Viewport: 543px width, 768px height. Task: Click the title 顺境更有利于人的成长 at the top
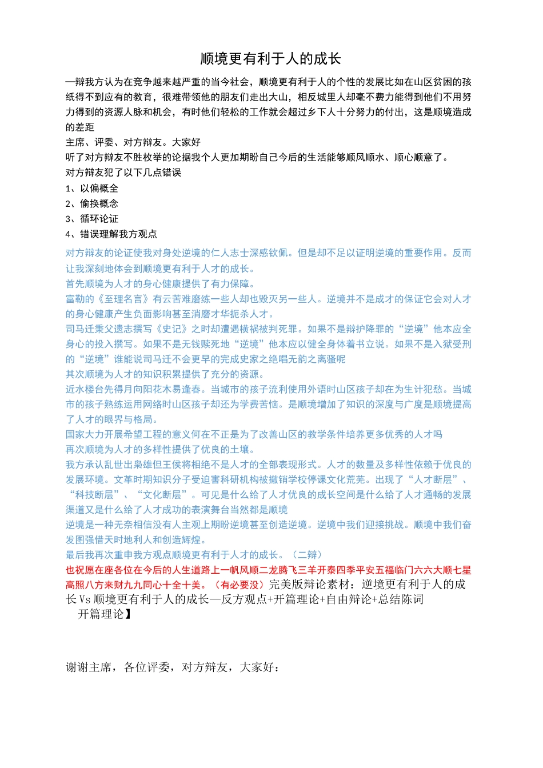coord(270,59)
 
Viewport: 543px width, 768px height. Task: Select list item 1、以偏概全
coord(92,188)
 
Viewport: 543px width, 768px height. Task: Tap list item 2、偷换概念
coord(92,203)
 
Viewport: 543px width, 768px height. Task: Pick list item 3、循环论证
coord(92,219)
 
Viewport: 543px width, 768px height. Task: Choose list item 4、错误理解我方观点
coord(111,234)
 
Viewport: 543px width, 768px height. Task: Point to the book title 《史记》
coord(172,329)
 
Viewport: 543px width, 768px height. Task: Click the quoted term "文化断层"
coord(162,495)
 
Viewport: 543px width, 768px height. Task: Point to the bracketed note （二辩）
coord(308,555)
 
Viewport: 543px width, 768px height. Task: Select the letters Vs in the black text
coord(85,599)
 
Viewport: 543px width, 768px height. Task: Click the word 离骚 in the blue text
coord(327,359)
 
